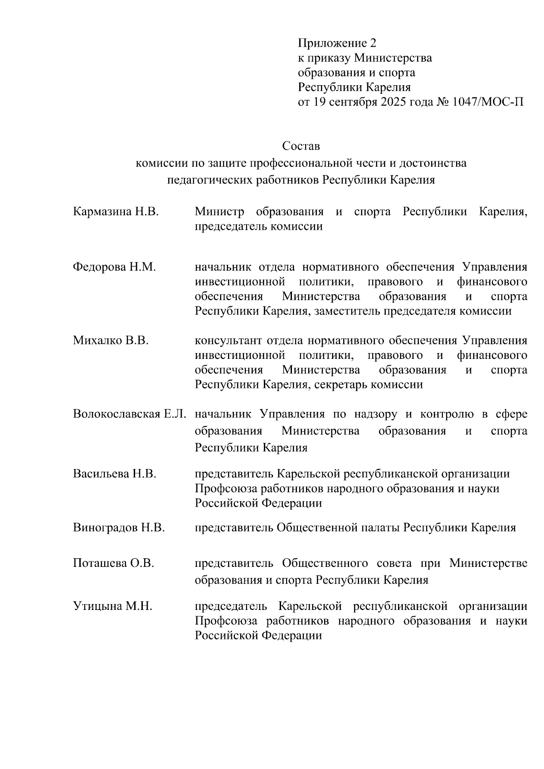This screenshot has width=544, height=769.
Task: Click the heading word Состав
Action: tap(301, 146)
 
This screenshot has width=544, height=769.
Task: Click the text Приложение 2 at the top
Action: tap(337, 44)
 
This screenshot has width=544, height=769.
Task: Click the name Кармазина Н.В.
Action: tap(116, 212)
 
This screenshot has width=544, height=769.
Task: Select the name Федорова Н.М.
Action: tap(114, 267)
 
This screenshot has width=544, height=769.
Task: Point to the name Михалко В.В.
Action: tap(111, 341)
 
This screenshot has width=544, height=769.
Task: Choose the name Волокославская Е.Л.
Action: tap(130, 414)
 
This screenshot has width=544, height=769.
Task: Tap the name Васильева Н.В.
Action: tap(114, 474)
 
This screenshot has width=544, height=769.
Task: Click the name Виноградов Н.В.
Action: tap(119, 527)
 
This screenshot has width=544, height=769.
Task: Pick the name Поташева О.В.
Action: tap(113, 563)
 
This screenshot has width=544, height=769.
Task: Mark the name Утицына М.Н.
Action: tap(112, 606)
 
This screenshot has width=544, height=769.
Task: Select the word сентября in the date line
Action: tap(351, 102)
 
